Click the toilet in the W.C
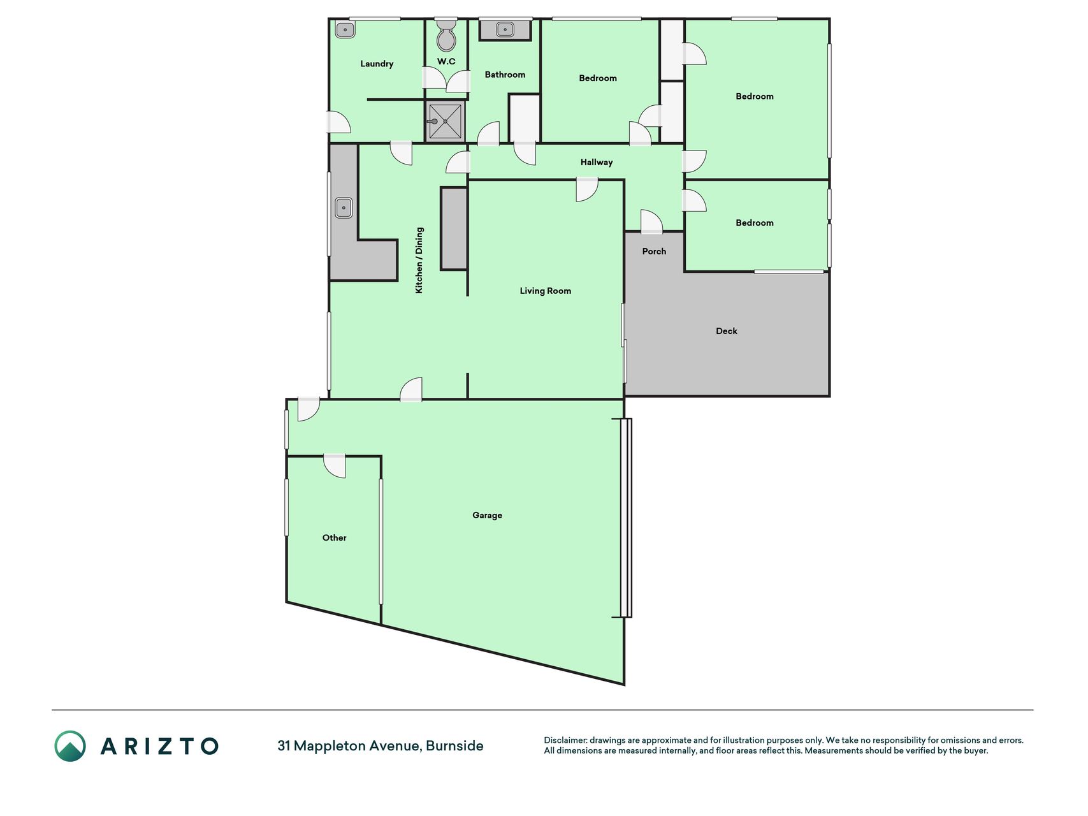(x=446, y=35)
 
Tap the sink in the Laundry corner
(x=345, y=29)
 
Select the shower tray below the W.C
(x=445, y=121)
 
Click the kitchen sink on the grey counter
(x=344, y=208)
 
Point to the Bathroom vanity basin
(x=505, y=29)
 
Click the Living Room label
(x=545, y=291)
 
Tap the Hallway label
(x=597, y=163)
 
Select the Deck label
(x=727, y=331)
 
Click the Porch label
(x=654, y=251)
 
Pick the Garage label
(x=487, y=515)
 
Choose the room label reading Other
(x=334, y=537)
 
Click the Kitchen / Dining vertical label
(x=419, y=260)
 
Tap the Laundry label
(x=377, y=64)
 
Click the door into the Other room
(x=334, y=465)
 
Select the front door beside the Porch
(x=651, y=221)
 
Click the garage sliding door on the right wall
(x=626, y=518)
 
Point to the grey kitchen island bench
(x=454, y=228)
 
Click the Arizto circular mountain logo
(x=70, y=746)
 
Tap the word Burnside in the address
(x=454, y=746)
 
